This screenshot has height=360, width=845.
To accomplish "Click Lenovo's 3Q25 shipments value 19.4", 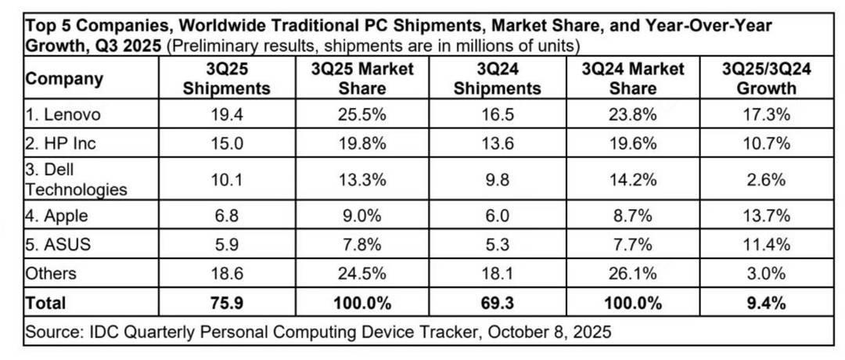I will pyautogui.click(x=226, y=114).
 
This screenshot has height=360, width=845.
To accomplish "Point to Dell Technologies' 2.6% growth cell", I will pyautogui.click(x=766, y=180).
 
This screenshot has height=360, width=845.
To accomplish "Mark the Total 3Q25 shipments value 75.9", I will pyautogui.click(x=226, y=301).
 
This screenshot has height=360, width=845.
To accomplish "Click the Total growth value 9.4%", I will pyautogui.click(x=766, y=301).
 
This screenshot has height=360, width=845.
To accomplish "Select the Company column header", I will pyautogui.click(x=64, y=78).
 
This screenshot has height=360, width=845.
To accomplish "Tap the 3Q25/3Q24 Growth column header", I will pyautogui.click(x=766, y=78).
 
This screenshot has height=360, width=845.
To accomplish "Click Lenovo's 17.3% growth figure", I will pyautogui.click(x=766, y=114).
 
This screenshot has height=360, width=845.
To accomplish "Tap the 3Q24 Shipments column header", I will pyautogui.click(x=498, y=78).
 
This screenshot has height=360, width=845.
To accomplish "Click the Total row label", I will pyautogui.click(x=46, y=301).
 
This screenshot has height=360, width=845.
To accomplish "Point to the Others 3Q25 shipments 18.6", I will pyautogui.click(x=226, y=272).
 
